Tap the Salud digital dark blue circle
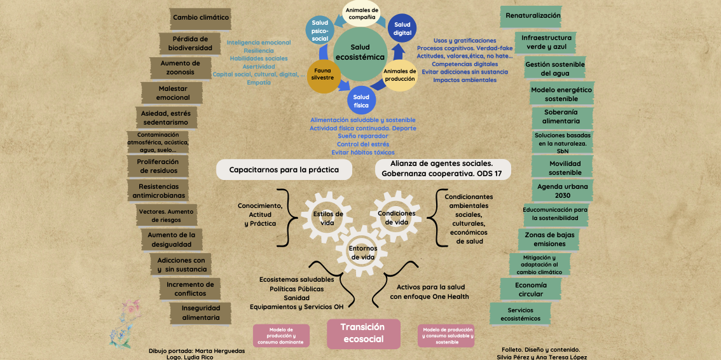coord(402,29)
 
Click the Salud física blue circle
coord(361,101)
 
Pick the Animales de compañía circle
coord(362,14)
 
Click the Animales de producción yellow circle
coord(400,75)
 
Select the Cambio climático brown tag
coord(201,18)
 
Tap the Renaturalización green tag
coord(533,16)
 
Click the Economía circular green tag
coord(529,289)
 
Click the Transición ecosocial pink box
coord(363,333)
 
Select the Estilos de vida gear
coord(328,218)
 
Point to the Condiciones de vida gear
coord(397,218)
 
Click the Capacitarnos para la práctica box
coord(284,170)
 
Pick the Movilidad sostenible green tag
coord(565,168)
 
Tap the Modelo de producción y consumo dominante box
coord(281,336)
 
